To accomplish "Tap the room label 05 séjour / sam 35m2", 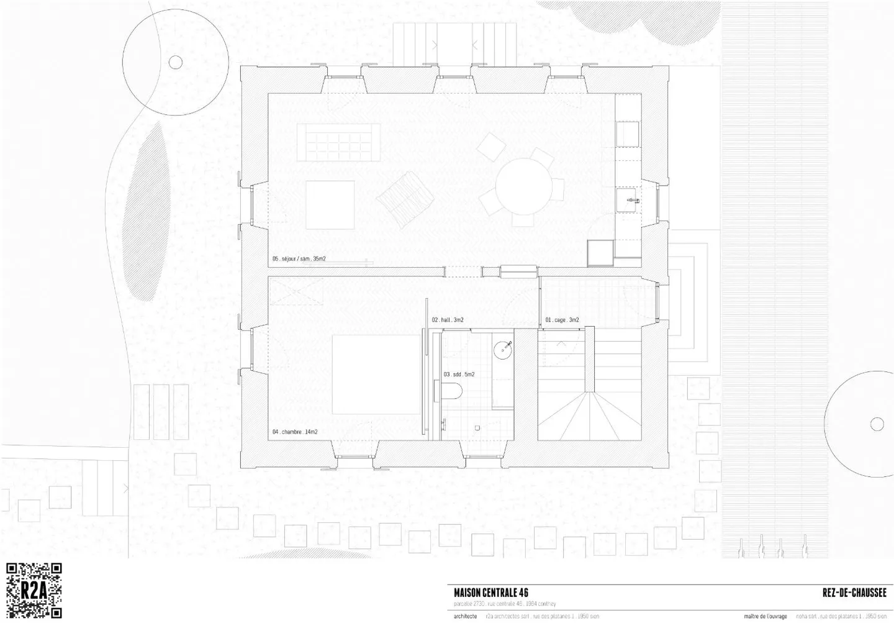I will click(x=299, y=258).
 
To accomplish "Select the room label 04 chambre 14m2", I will click(x=295, y=432).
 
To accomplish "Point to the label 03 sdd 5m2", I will click(x=459, y=375).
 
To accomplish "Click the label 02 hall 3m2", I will click(x=448, y=320).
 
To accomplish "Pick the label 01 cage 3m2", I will click(x=562, y=320).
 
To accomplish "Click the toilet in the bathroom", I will click(x=454, y=391).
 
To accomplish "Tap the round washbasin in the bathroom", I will click(x=503, y=350).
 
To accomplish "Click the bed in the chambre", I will click(x=376, y=375).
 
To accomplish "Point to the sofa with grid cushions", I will click(x=338, y=142).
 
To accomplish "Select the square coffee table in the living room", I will click(x=330, y=205).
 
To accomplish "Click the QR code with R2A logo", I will click(x=34, y=591).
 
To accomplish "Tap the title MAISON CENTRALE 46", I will click(x=490, y=593).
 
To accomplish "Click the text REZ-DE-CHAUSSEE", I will click(x=854, y=593).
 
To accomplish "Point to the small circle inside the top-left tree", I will click(x=176, y=62).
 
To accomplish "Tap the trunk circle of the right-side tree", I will click(x=877, y=424).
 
